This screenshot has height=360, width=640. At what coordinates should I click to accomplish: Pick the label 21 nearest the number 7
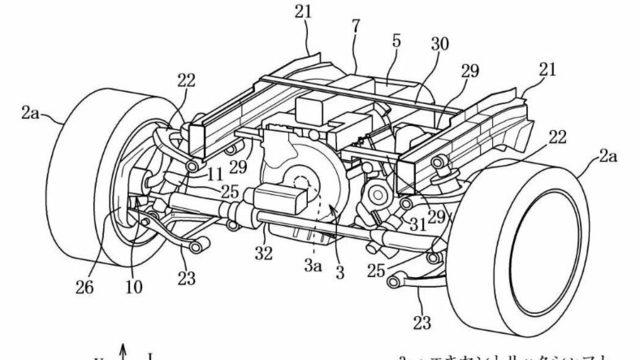pyautogui.click(x=303, y=11)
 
